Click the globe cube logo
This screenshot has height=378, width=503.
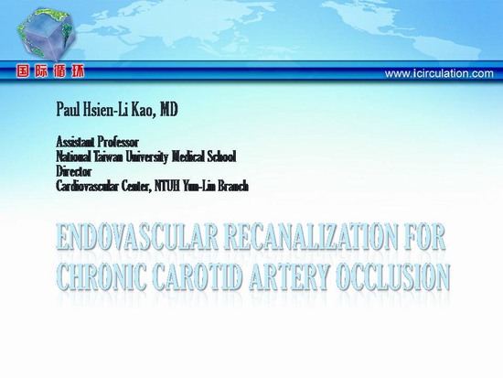click(47, 35)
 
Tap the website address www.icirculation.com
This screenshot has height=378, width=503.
click(439, 73)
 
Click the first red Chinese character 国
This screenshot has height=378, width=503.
click(23, 71)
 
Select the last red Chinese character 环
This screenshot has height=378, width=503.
click(78, 71)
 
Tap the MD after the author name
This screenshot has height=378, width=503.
click(168, 110)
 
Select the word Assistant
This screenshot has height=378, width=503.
click(75, 142)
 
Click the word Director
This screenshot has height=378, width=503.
click(74, 171)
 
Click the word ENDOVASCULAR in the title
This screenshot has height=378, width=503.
click(137, 237)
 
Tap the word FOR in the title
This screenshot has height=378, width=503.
click(424, 237)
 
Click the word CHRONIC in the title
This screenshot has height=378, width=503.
click(102, 276)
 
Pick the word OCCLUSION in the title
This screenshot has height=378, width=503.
click(393, 276)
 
